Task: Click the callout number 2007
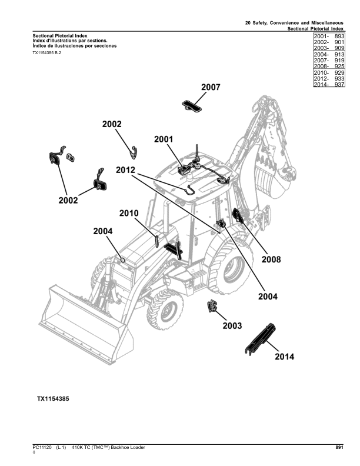point(211,88)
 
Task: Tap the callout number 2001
point(164,139)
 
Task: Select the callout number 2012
point(125,170)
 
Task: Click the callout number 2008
point(271,259)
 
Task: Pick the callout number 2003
point(232,325)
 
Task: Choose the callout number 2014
point(284,357)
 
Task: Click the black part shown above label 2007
point(192,105)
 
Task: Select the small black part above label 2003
point(212,306)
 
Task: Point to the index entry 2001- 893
point(329,36)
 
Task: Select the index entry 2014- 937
point(329,85)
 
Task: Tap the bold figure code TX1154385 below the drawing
point(53,399)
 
